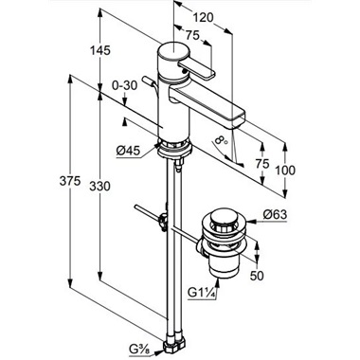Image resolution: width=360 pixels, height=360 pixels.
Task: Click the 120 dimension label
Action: (203, 18)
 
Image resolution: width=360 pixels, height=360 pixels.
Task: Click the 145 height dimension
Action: (100, 50)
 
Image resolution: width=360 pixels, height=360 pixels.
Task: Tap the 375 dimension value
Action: (70, 181)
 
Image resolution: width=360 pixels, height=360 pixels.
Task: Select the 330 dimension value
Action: (100, 186)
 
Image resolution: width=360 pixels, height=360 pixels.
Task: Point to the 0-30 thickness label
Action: (125, 85)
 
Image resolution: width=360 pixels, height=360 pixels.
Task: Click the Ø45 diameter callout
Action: (128, 152)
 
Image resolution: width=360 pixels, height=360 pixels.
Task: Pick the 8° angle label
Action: (220, 141)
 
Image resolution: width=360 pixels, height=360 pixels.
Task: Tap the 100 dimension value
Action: (285, 171)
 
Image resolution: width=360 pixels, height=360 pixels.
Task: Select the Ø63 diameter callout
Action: (275, 215)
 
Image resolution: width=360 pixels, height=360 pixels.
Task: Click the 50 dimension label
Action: (257, 276)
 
